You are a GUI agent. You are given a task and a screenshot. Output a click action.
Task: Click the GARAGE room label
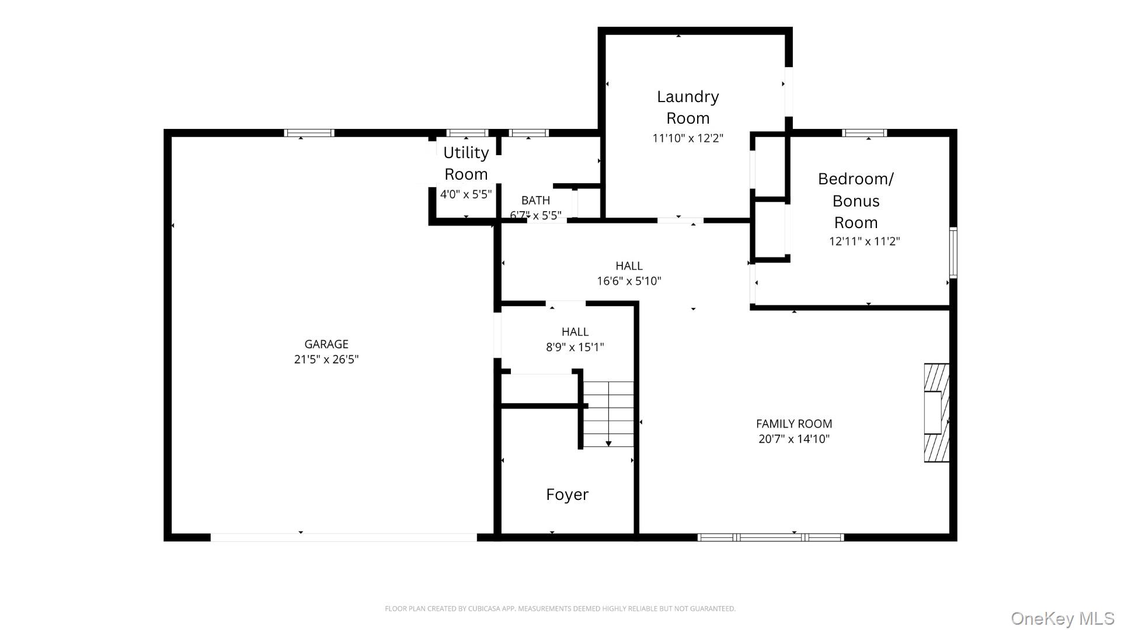coord(326,344)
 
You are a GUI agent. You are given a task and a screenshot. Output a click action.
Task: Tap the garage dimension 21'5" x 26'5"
coord(326,359)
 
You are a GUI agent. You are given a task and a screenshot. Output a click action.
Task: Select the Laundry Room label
coord(688,107)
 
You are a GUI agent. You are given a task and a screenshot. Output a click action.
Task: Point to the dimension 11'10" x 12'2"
coord(688,138)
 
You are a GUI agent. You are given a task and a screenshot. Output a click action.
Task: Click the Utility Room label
coord(466,163)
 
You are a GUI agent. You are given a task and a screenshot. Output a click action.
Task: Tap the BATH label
coord(535,200)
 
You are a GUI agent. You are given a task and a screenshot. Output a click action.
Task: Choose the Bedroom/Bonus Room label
coord(855,200)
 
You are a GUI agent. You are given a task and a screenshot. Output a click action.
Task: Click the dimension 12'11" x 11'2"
coord(864,241)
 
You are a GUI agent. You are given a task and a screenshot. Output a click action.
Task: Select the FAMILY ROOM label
coord(793,424)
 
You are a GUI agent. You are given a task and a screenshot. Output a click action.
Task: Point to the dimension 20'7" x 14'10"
coord(793,439)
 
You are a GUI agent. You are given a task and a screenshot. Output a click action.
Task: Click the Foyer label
coord(567,495)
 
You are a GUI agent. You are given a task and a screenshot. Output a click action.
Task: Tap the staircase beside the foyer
coord(608,414)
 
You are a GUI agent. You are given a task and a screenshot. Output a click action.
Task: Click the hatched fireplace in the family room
coord(936,413)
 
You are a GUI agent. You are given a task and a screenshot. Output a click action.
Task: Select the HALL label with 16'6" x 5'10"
coord(629,266)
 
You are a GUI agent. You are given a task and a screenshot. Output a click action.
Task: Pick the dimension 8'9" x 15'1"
coord(575,348)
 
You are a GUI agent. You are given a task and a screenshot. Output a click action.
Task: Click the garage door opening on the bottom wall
coord(343,537)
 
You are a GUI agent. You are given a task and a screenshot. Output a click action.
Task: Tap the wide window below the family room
coord(771,537)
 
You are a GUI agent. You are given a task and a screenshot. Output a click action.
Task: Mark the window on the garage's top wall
coord(309,133)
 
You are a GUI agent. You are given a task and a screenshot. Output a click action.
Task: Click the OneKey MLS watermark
coord(1062,618)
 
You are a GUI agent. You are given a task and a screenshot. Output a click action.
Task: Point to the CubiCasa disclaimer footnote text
coord(560,608)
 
